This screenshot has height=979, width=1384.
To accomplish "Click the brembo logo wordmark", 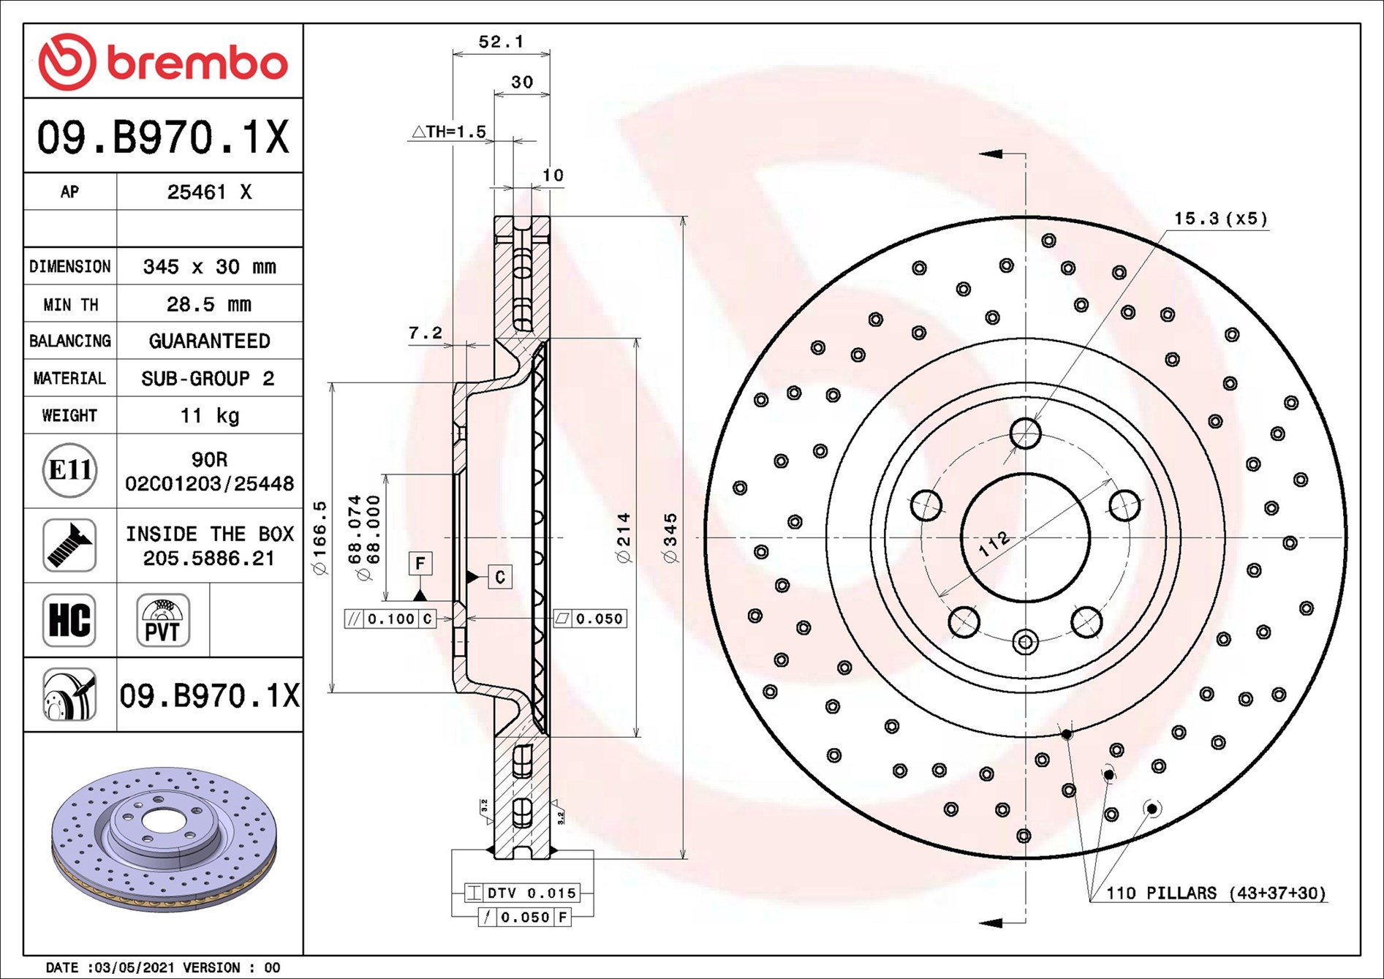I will point(196,63).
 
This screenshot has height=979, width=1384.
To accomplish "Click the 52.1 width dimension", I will point(501,42).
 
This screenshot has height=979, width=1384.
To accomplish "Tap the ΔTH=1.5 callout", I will point(449,132).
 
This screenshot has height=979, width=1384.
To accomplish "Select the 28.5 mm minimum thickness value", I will point(209,304).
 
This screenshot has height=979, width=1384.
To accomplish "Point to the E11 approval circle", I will point(69,470).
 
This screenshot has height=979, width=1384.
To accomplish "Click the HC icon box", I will point(69,620).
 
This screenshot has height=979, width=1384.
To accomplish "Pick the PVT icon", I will point(162,620).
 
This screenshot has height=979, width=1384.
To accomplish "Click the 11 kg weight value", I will point(209,415).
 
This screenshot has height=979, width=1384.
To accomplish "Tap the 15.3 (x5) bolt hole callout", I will point(1220,219).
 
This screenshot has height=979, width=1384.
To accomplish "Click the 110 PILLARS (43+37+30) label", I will point(1215,893).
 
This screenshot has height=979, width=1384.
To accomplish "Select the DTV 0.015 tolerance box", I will point(523,893).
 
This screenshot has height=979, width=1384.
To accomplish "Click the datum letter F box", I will point(420,563).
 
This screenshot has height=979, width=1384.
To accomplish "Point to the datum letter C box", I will point(500,577).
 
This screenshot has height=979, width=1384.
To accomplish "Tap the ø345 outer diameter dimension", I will point(670,537).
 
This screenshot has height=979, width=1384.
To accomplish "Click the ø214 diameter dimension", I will point(623,537).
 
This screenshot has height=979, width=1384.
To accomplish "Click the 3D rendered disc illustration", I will point(164,839).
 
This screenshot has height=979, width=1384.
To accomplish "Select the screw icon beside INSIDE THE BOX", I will point(69,545).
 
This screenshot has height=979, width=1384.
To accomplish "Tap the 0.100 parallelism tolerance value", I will point(391,619).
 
